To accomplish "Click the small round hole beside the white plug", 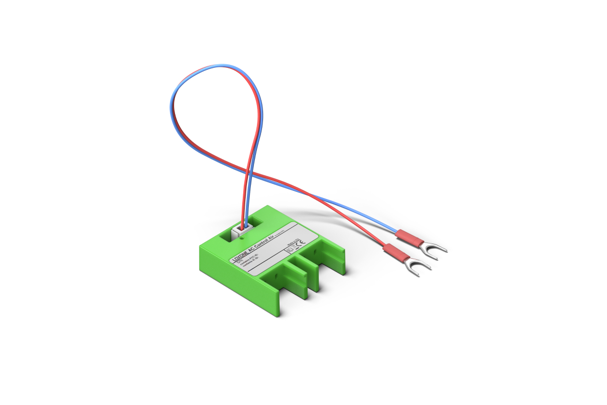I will point(242,237).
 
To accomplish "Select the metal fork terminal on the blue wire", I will point(437,249).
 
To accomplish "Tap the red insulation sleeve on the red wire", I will point(396,253).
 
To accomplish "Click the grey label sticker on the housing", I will point(273,251).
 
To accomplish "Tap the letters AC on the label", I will point(252,252).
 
